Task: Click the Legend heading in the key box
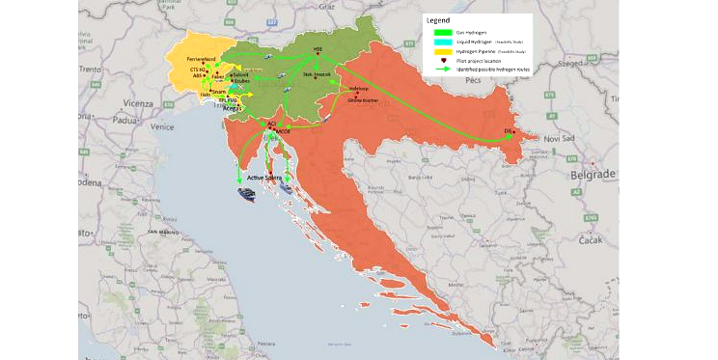coord(439,20)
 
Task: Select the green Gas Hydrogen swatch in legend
coord(442,32)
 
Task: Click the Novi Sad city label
coord(554,139)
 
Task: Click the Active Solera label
coord(262,177)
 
